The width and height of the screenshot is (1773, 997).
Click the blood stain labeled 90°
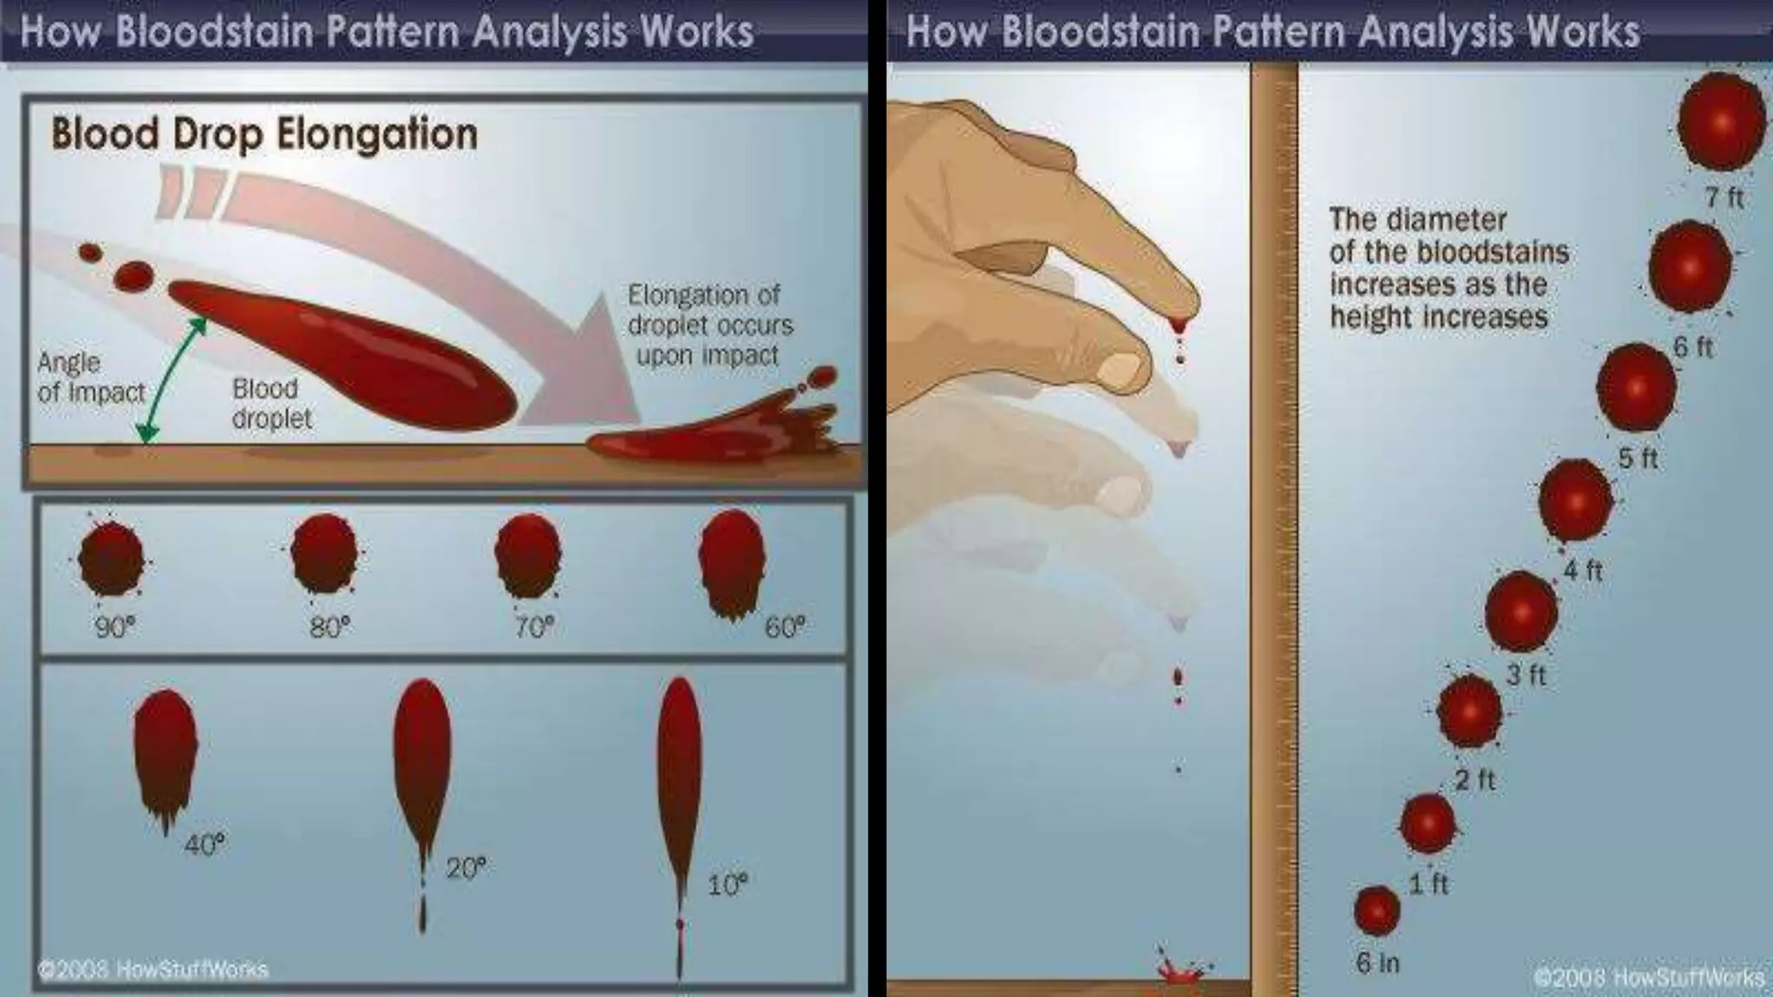(112, 559)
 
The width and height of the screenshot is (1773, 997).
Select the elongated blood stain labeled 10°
(680, 779)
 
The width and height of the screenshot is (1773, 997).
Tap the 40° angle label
(205, 844)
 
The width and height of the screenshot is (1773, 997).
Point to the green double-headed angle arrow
(173, 379)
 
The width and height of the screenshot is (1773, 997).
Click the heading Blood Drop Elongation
(264, 135)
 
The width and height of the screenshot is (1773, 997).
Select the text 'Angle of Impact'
(90, 377)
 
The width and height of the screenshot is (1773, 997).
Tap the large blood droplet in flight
(346, 355)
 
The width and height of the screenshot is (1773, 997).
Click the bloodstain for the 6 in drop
(1376, 911)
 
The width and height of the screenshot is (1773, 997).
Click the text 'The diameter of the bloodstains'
(1448, 235)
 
